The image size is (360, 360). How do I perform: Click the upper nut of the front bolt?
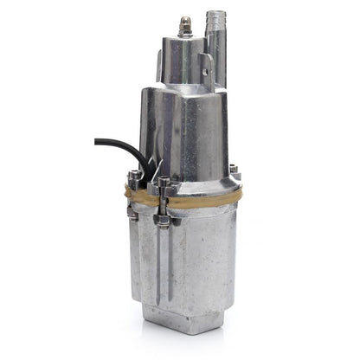pyautogui.click(x=164, y=185)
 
